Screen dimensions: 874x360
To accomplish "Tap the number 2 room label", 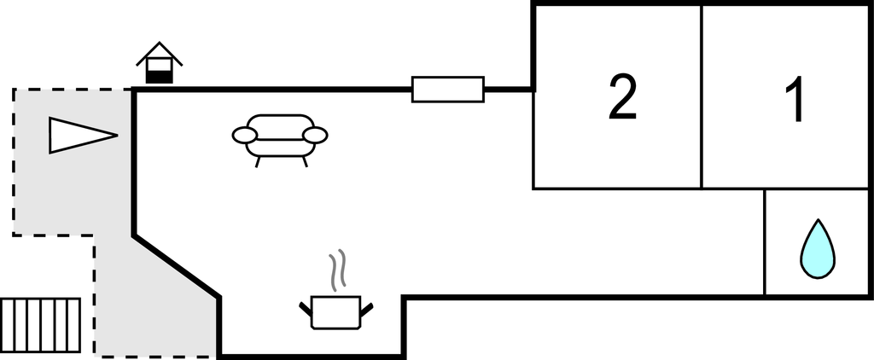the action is coord(622,97).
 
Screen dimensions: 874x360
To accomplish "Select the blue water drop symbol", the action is coord(818,249).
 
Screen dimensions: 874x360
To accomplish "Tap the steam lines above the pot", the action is coord(337,270).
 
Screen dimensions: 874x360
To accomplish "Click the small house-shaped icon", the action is coord(160,63).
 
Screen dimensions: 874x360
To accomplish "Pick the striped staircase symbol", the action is coord(41,325).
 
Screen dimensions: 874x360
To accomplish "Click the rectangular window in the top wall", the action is coord(448,90).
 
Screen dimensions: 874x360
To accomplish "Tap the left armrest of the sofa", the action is coord(245,135).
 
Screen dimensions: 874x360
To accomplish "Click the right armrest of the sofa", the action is coord(316,135).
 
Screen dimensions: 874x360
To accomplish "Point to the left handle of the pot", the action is coord(306,310).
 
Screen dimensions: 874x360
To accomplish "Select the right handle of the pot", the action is coord(367,310).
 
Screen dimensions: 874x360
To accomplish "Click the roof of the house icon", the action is coord(160,53).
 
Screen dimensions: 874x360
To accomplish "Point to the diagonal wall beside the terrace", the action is coord(176,266).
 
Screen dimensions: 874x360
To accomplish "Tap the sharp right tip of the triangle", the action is coord(118,135).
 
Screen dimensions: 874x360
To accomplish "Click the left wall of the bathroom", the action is coord(765,242).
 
